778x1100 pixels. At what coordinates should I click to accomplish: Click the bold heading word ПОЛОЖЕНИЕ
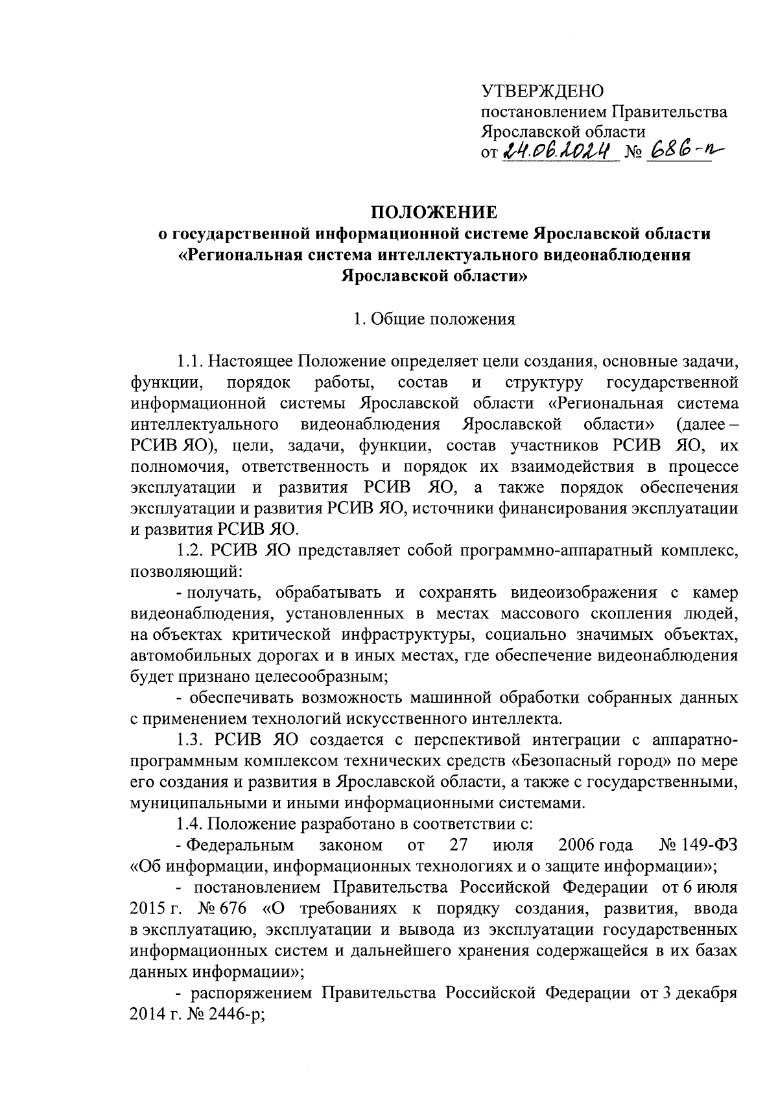(434, 213)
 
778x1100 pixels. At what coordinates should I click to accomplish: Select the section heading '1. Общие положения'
(434, 319)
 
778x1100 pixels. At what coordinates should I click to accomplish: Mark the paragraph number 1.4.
(191, 824)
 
